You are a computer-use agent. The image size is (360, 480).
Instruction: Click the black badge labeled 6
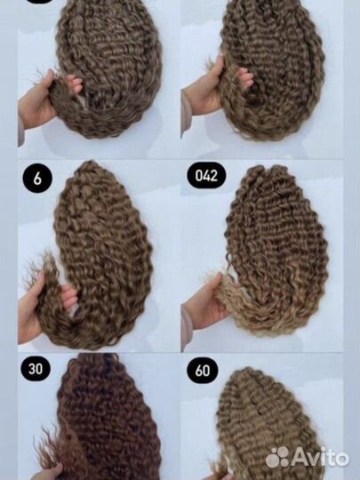click(37, 178)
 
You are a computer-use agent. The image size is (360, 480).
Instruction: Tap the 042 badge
click(206, 175)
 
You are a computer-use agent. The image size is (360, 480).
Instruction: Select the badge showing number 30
click(36, 368)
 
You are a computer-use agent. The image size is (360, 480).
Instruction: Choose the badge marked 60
click(203, 371)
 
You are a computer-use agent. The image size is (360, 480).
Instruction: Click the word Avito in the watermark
click(321, 457)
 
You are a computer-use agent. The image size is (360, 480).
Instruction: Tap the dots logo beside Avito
click(278, 457)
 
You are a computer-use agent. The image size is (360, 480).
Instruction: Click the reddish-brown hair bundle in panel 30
click(104, 420)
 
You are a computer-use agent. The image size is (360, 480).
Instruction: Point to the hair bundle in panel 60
click(267, 426)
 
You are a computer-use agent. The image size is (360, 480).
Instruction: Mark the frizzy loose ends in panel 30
click(51, 447)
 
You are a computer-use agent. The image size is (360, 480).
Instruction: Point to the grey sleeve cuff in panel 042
click(187, 327)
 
